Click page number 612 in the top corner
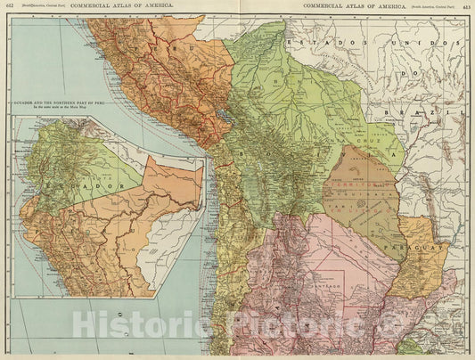pyautogui.click(x=10, y=6)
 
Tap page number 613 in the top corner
pyautogui.click(x=465, y=6)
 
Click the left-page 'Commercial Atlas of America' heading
pyautogui.click(x=125, y=6)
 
